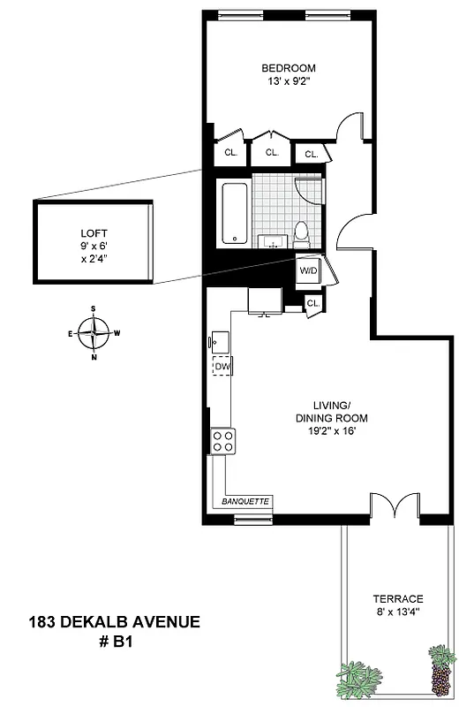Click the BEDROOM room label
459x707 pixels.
point(288,68)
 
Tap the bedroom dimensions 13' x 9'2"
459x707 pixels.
point(288,82)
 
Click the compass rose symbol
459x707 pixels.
point(93,333)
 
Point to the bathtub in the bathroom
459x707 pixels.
point(233,212)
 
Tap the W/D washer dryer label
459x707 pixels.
point(309,270)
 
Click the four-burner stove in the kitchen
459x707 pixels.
point(223,440)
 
